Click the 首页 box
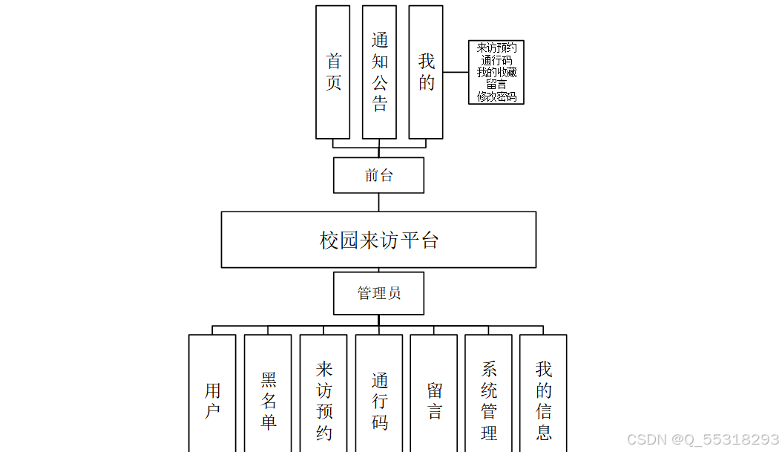(x=332, y=72)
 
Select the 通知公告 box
(x=379, y=72)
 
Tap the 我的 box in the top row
(x=426, y=72)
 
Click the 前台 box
(x=378, y=175)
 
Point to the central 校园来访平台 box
(x=378, y=240)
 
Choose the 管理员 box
(x=378, y=293)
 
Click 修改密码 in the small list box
(x=496, y=96)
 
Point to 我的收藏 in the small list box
(x=496, y=72)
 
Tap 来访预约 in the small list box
(x=496, y=48)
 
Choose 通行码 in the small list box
(x=496, y=60)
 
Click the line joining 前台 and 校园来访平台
(x=378, y=202)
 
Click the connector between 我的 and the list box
(x=456, y=72)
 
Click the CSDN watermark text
(x=703, y=439)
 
